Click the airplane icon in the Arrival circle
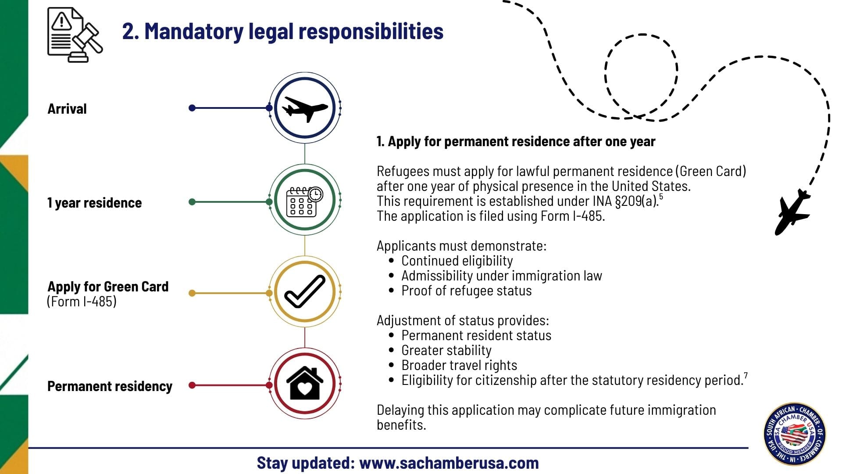[x=305, y=108]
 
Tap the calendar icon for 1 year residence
[x=305, y=201]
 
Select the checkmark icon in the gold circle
[x=305, y=291]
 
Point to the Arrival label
[x=67, y=109]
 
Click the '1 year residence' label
[x=94, y=203]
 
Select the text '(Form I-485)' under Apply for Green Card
[x=82, y=302]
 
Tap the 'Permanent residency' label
[x=110, y=386]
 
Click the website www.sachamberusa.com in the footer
[x=449, y=463]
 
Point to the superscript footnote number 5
[x=661, y=197]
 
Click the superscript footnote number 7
[x=746, y=375]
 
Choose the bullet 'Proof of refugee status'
[x=466, y=291]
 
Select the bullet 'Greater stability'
[x=446, y=350]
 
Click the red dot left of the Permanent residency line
[x=192, y=385]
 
